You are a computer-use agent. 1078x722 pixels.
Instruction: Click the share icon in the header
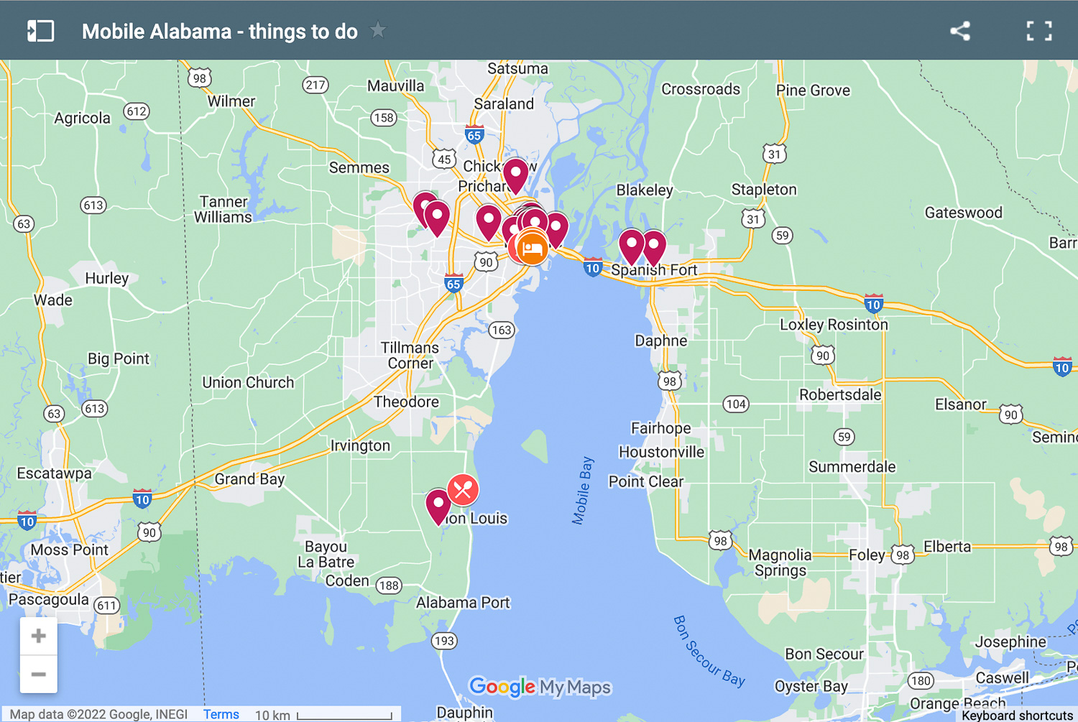[x=960, y=31]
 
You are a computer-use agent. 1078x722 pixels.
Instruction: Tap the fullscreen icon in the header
[x=1038, y=31]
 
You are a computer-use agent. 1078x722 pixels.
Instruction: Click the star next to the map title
[x=378, y=30]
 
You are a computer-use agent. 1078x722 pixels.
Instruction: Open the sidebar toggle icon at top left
[x=40, y=31]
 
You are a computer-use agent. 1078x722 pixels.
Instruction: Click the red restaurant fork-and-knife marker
[x=463, y=490]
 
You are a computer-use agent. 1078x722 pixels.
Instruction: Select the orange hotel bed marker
[x=533, y=248]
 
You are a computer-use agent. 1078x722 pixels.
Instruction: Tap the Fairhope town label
[x=660, y=428]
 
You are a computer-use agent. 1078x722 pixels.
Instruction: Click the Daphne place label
[x=660, y=341]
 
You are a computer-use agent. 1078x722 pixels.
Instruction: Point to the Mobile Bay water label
[x=583, y=490]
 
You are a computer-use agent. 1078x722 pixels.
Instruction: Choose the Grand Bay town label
[x=249, y=479]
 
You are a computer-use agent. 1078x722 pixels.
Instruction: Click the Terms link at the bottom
[x=221, y=714]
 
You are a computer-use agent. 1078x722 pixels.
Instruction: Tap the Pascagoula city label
[x=49, y=599]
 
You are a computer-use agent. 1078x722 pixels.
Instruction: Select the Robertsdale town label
[x=840, y=394]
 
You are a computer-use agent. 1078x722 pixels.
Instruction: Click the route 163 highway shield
[x=502, y=330]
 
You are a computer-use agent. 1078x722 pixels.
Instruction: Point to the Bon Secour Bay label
[x=709, y=651]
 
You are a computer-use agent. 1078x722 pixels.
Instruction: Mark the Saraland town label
[x=504, y=103]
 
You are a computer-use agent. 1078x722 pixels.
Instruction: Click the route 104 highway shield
[x=735, y=404]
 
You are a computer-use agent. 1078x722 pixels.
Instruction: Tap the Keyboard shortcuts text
[x=1017, y=715]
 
